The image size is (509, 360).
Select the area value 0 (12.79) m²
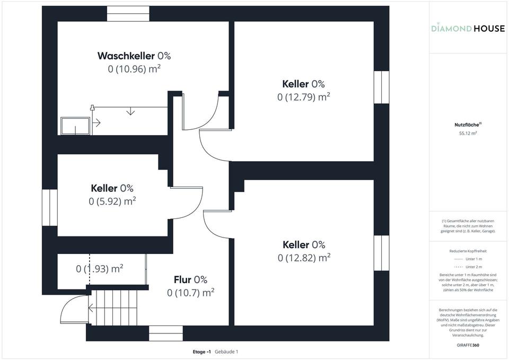click(x=304, y=96)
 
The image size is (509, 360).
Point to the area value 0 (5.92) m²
click(x=112, y=201)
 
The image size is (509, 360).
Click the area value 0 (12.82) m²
click(x=304, y=258)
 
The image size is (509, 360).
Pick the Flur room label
click(x=190, y=279)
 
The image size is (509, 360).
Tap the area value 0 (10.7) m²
click(x=190, y=292)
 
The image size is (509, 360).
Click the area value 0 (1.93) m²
click(x=100, y=268)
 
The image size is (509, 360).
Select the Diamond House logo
click(x=468, y=28)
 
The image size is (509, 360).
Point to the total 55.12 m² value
click(x=468, y=134)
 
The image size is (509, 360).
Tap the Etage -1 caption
click(x=202, y=352)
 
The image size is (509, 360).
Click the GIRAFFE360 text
click(x=468, y=345)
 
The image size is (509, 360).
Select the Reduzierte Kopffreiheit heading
click(x=468, y=251)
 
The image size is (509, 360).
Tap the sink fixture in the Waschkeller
click(x=75, y=126)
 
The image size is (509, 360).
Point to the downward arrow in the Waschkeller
click(x=130, y=111)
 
